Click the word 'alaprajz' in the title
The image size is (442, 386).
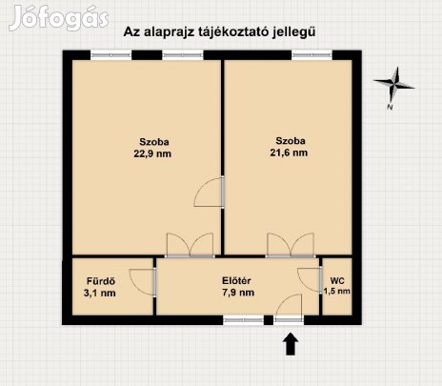click(x=175, y=31)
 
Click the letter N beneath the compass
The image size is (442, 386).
click(x=391, y=109)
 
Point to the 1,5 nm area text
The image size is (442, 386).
click(x=337, y=293)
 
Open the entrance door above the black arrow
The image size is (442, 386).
click(x=289, y=308)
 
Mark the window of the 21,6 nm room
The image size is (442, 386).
click(x=311, y=55)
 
